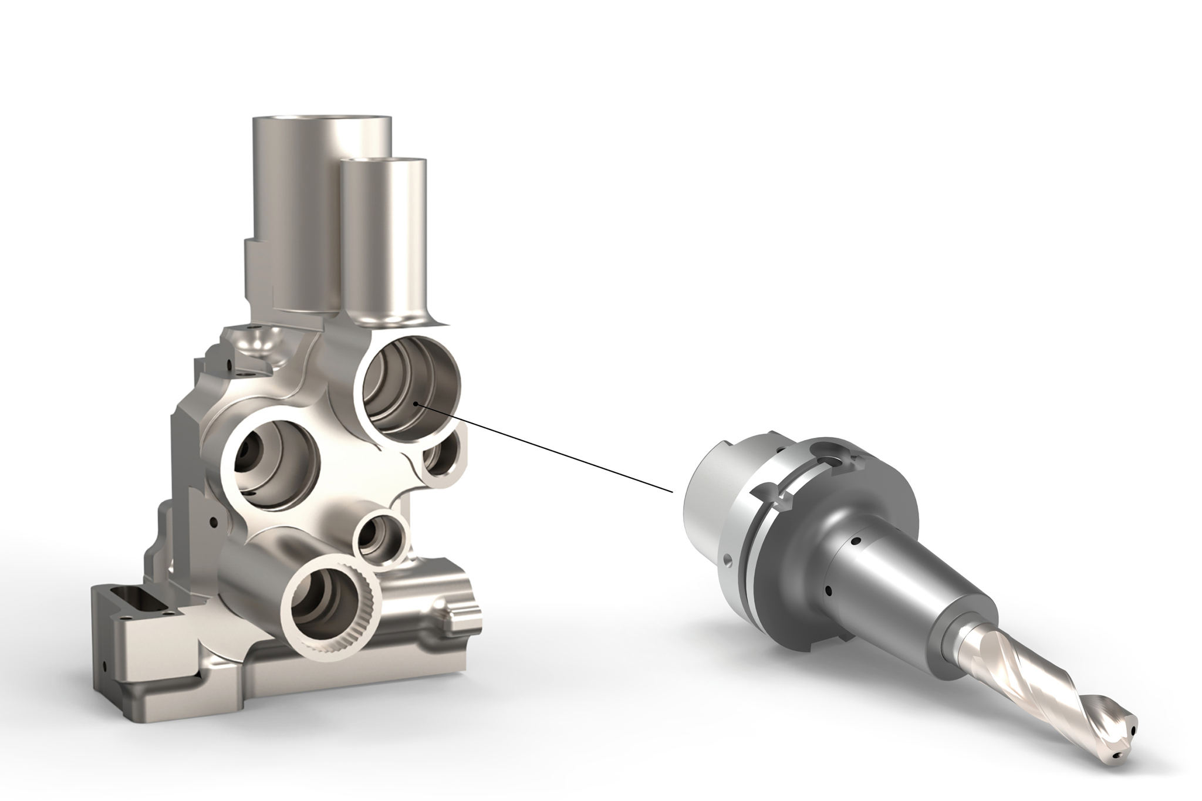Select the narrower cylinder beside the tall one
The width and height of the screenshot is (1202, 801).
tap(384, 235)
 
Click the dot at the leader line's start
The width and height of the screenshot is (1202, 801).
tap(415, 404)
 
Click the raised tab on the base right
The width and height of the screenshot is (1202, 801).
tap(461, 613)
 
